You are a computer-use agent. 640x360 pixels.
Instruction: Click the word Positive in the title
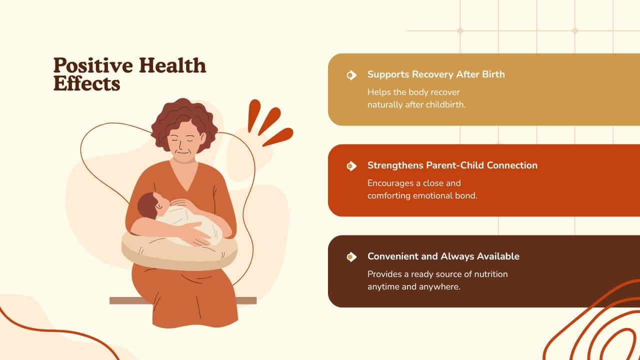93,65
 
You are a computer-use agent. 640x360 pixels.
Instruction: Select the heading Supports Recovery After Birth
436,74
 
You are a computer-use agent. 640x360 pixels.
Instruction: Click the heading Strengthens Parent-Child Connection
452,165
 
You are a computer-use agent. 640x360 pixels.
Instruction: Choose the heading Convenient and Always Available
443,256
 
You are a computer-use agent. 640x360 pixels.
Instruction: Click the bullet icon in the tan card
351,75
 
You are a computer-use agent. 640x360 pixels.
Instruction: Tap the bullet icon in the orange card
351,166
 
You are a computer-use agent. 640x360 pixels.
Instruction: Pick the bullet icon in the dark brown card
351,257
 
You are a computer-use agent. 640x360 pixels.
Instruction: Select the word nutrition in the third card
491,274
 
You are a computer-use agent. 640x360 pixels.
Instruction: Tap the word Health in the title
172,65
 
